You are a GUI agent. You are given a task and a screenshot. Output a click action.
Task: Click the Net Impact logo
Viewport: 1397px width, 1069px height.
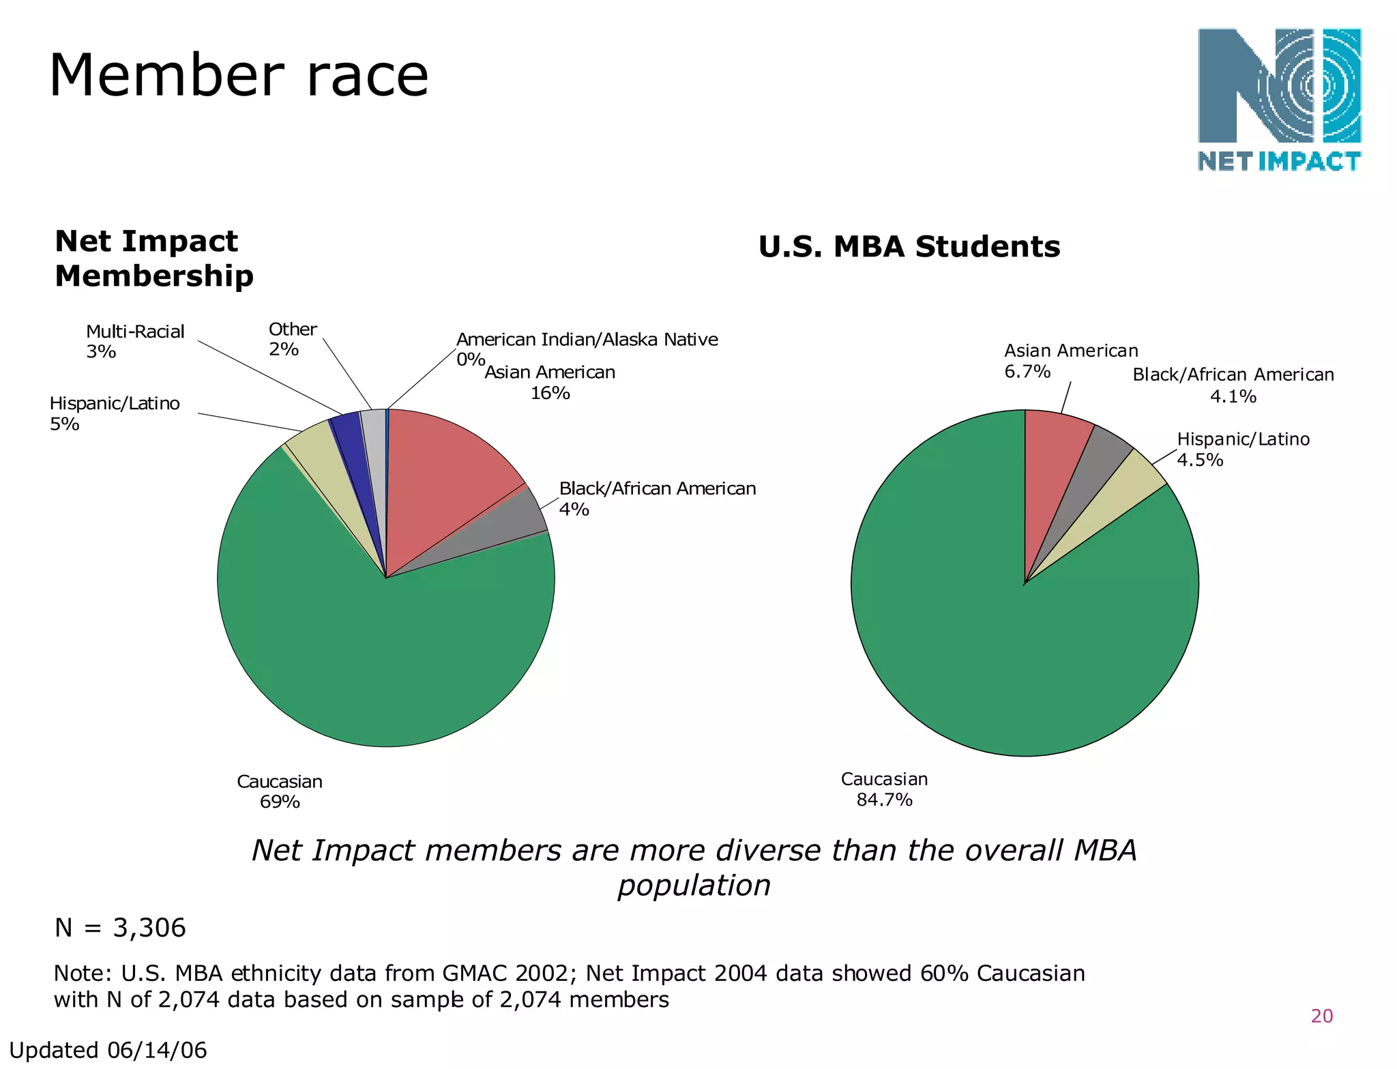[x=1280, y=100]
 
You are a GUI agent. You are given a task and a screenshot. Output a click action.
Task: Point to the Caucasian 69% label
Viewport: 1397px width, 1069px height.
[x=280, y=791]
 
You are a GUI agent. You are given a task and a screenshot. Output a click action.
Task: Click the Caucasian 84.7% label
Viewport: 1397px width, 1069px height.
[x=884, y=789]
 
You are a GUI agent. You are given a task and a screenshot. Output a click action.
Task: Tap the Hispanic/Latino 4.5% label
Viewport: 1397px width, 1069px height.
[x=1243, y=449]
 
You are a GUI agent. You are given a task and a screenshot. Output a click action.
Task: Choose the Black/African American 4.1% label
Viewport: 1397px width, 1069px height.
[x=1233, y=385]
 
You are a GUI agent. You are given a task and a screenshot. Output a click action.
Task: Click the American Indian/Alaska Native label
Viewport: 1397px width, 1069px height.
[x=587, y=340]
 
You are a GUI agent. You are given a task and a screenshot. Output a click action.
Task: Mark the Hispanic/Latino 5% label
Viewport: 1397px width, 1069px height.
[x=115, y=413]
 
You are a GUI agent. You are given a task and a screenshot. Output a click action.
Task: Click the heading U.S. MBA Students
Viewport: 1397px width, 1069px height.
[x=909, y=246]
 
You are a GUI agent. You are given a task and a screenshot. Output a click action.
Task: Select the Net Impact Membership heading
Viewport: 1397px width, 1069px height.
[x=153, y=259]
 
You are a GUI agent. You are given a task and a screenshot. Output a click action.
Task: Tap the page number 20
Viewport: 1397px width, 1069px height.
[x=1321, y=1016]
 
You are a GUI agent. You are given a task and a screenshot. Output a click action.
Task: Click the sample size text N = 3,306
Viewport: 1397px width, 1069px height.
[x=120, y=928]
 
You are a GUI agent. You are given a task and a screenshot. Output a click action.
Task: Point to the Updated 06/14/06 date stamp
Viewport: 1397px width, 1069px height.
[x=108, y=1050]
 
